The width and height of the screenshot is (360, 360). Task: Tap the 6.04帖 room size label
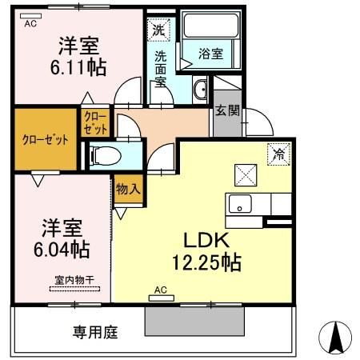coord(62,248)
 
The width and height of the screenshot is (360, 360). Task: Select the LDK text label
coord(209,241)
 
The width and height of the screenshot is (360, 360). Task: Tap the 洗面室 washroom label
coord(160,68)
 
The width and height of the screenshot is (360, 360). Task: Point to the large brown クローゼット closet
coord(45,141)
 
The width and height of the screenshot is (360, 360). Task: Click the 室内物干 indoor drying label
coord(74,280)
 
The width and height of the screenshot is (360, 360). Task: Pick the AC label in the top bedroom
coord(30,24)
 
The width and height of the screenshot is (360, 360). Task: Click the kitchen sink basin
coord(239,204)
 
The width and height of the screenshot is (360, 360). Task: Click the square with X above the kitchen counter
coord(244,174)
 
